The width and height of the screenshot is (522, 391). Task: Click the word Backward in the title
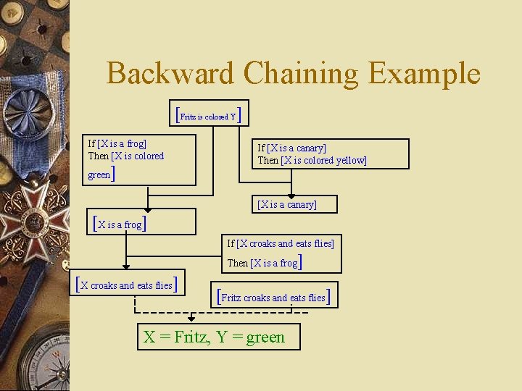170,73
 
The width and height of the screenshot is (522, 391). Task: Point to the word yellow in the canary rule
347,160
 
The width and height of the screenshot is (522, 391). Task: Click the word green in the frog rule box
99,175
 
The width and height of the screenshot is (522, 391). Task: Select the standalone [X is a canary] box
287,205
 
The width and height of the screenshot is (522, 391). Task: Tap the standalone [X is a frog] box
121,224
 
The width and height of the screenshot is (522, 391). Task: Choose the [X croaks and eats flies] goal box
127,285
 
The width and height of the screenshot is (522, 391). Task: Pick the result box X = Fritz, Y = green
218,337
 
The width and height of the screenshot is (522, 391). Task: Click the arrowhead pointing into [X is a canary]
291,195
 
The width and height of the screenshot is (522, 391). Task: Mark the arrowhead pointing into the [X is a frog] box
147,206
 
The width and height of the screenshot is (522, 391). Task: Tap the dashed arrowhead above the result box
191,319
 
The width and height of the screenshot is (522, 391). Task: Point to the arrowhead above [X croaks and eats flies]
126,266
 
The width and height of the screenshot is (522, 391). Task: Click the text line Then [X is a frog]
264,262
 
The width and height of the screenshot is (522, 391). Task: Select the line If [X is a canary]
291,148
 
